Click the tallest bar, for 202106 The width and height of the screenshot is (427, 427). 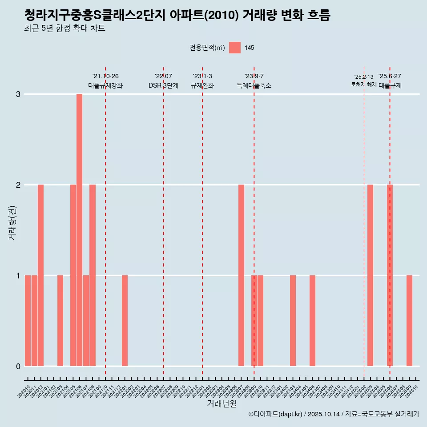tap(79, 230)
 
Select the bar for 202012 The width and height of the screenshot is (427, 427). tap(40, 275)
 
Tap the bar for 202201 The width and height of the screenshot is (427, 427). tap(125, 321)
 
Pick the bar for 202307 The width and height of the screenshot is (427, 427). tap(242, 275)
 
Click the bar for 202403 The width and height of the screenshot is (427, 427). tap(293, 321)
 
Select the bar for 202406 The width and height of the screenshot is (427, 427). tap(313, 321)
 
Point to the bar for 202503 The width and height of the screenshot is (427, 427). tap(371, 275)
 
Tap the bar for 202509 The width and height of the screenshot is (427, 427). tap(410, 321)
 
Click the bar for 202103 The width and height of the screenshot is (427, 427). tap(60, 321)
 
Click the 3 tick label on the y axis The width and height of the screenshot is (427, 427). tap(18, 94)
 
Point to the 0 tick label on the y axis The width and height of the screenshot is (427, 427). tap(18, 367)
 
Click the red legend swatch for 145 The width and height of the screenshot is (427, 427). tap(235, 48)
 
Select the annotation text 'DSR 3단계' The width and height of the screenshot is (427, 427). tap(163, 85)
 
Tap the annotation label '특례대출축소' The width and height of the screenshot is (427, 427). tap(254, 85)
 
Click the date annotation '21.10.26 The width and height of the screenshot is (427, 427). tap(105, 77)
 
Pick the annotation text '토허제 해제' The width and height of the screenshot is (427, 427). tap(364, 85)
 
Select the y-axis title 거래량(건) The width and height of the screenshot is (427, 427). tap(12, 222)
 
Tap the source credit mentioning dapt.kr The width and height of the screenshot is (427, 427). tap(334, 414)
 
